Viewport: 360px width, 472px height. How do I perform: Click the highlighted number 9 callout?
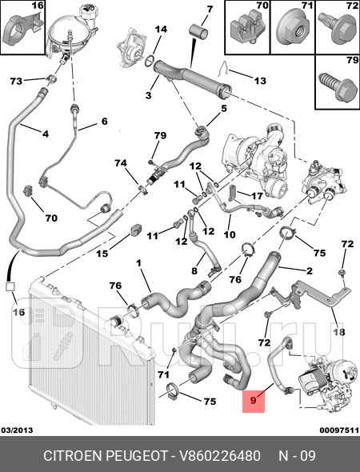pyautogui.click(x=254, y=401)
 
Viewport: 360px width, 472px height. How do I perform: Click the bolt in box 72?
pyautogui.click(x=338, y=28)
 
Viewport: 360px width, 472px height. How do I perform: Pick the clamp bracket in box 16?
pyautogui.click(x=22, y=30)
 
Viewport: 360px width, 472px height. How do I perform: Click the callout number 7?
pyautogui.click(x=210, y=10)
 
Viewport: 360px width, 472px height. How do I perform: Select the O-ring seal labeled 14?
pyautogui.click(x=150, y=61)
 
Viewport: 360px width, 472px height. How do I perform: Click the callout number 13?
pyautogui.click(x=260, y=81)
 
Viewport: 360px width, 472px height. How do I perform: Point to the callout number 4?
pyautogui.click(x=45, y=134)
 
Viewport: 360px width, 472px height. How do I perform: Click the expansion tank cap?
pyautogui.click(x=87, y=12)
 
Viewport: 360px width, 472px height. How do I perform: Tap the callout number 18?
pyautogui.click(x=339, y=332)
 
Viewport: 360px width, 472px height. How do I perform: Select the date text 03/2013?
pyautogui.click(x=17, y=430)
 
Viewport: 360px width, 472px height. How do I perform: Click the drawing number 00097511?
pyautogui.click(x=339, y=430)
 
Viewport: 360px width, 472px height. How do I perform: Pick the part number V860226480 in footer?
pyautogui.click(x=220, y=456)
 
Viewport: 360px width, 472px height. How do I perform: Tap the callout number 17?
pyautogui.click(x=257, y=196)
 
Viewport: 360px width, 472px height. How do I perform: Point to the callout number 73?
pyautogui.click(x=16, y=81)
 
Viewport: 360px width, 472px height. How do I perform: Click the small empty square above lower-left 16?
pyautogui.click(x=10, y=286)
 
